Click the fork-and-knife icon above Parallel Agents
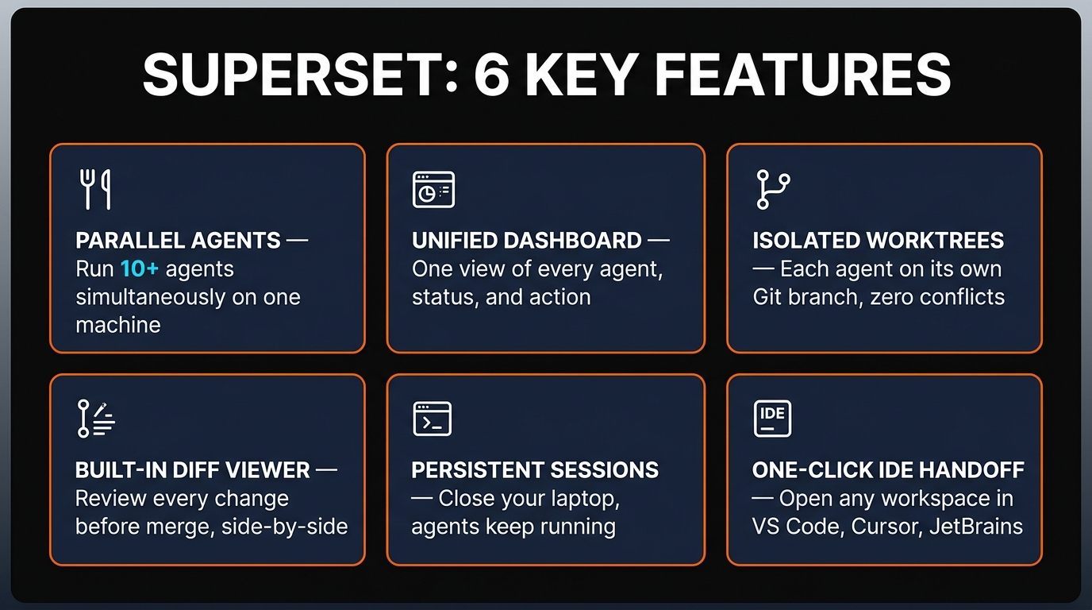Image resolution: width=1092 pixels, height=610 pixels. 96,190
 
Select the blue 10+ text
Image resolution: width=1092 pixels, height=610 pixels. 140,268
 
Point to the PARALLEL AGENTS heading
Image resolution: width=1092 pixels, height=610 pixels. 178,241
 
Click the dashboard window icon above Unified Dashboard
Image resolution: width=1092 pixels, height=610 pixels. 433,190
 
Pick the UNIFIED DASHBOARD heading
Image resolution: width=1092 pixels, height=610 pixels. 527,241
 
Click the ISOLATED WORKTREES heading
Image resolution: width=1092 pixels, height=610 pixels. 878,241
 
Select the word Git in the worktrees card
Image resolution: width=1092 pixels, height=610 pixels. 770,297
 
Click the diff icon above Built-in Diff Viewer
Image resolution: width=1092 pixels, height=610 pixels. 95,419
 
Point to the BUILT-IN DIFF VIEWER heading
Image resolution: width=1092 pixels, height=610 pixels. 192,470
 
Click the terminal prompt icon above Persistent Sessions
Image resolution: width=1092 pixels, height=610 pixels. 433,419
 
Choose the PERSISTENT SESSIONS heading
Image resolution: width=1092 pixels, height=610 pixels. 535,470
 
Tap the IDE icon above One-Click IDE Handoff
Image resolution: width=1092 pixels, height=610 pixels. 771,419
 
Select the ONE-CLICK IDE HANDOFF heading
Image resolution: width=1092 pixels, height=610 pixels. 888,470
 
